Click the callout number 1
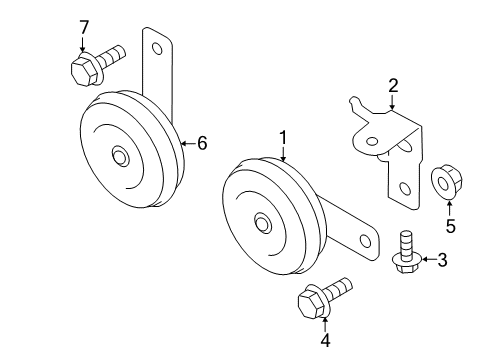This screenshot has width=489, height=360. (283, 138)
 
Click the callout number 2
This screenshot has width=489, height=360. (393, 86)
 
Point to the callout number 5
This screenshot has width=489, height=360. (450, 226)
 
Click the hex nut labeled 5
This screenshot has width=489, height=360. (444, 183)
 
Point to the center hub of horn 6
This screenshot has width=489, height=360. (121, 156)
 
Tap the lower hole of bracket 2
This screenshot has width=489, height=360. (402, 187)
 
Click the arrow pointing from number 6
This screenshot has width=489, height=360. (187, 144)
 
